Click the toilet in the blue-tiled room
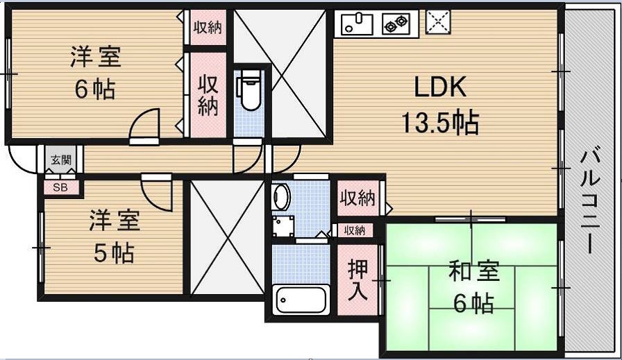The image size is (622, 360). [249, 90]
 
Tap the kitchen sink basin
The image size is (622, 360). [358, 24]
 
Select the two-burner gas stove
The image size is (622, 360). [396, 24]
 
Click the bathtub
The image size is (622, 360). [301, 299]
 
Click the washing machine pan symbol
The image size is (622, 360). [283, 226]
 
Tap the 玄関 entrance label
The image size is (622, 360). [61, 160]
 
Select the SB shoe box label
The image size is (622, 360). [60, 187]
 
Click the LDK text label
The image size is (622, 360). [440, 87]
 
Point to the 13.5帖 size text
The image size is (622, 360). [440, 122]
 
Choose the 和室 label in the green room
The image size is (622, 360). [473, 273]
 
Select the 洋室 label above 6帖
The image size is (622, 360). [96, 57]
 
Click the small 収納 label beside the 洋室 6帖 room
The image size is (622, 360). [208, 27]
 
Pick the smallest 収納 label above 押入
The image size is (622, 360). [355, 230]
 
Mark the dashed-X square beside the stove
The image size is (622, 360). [438, 21]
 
